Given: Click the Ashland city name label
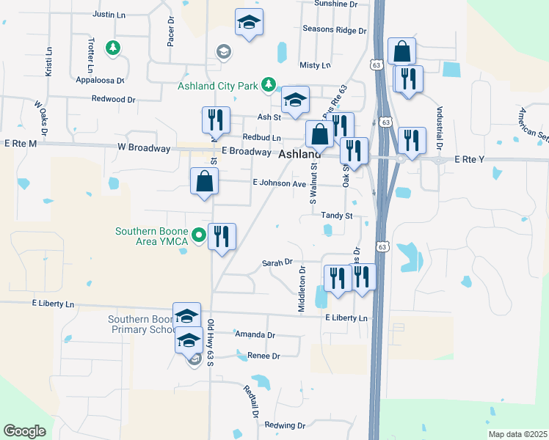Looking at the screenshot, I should (299, 155).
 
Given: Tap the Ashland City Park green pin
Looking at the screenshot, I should (269, 85).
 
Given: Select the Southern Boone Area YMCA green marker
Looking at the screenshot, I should (197, 236).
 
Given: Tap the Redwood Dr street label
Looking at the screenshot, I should (114, 99).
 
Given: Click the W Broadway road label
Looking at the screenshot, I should (145, 148).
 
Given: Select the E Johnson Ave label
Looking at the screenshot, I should (278, 183).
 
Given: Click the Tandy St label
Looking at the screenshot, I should (337, 216).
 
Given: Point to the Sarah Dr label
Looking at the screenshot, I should (277, 262).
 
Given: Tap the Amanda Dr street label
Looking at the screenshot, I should (255, 334).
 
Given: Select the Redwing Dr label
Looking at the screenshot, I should (284, 425).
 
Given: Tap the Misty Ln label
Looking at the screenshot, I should (315, 65).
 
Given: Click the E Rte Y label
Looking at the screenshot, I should (471, 159).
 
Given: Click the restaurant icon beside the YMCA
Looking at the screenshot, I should (222, 236).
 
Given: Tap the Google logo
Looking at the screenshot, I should (24, 431).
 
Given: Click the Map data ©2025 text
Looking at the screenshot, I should (517, 434).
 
